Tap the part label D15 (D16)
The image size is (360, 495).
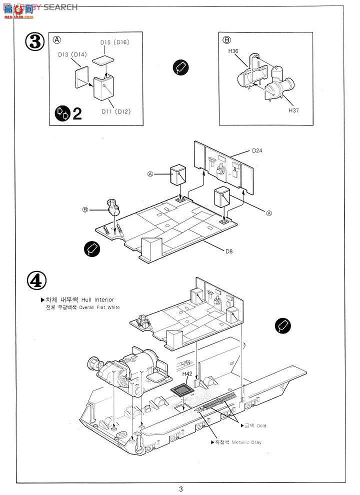114,42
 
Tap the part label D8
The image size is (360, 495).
228,251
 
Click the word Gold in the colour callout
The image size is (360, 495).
261,425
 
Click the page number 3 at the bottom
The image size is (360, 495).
180,488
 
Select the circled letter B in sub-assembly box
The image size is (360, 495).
226,39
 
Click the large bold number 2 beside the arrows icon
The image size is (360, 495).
77,113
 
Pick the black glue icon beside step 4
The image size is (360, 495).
283,325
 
